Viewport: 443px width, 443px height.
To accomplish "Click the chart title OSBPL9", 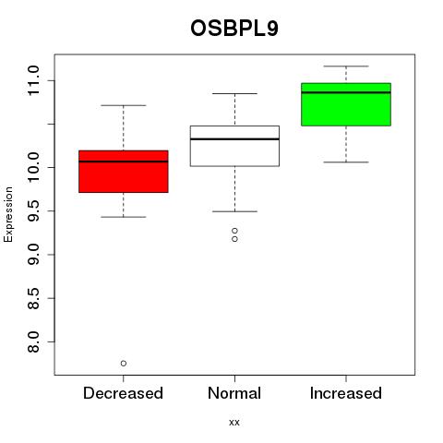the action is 234,29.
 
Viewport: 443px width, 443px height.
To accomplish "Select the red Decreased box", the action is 124,172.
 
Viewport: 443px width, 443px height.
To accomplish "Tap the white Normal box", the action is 234,146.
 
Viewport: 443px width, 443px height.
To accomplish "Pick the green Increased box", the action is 346,104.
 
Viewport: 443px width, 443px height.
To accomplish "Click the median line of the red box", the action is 124,162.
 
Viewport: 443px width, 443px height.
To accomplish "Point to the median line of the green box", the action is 346,92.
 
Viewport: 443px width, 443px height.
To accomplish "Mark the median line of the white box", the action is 234,139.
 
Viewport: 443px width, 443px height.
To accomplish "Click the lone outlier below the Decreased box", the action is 124,364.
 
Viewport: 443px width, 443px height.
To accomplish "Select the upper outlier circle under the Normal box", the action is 234,231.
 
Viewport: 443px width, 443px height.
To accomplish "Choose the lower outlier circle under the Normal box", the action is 234,239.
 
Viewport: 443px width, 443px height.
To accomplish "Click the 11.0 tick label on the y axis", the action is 33,80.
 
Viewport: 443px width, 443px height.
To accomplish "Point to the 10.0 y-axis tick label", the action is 33,167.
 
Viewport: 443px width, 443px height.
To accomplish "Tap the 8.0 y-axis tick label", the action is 33,341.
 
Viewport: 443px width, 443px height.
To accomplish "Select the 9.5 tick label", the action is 33,211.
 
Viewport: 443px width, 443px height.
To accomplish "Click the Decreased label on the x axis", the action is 123,393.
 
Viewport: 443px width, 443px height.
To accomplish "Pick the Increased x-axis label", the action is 346,393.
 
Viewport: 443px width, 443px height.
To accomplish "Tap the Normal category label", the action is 234,393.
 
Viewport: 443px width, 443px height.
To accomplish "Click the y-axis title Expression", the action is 8,214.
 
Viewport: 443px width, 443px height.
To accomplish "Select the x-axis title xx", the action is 234,423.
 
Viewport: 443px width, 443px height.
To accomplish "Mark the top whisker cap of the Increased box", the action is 346,66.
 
